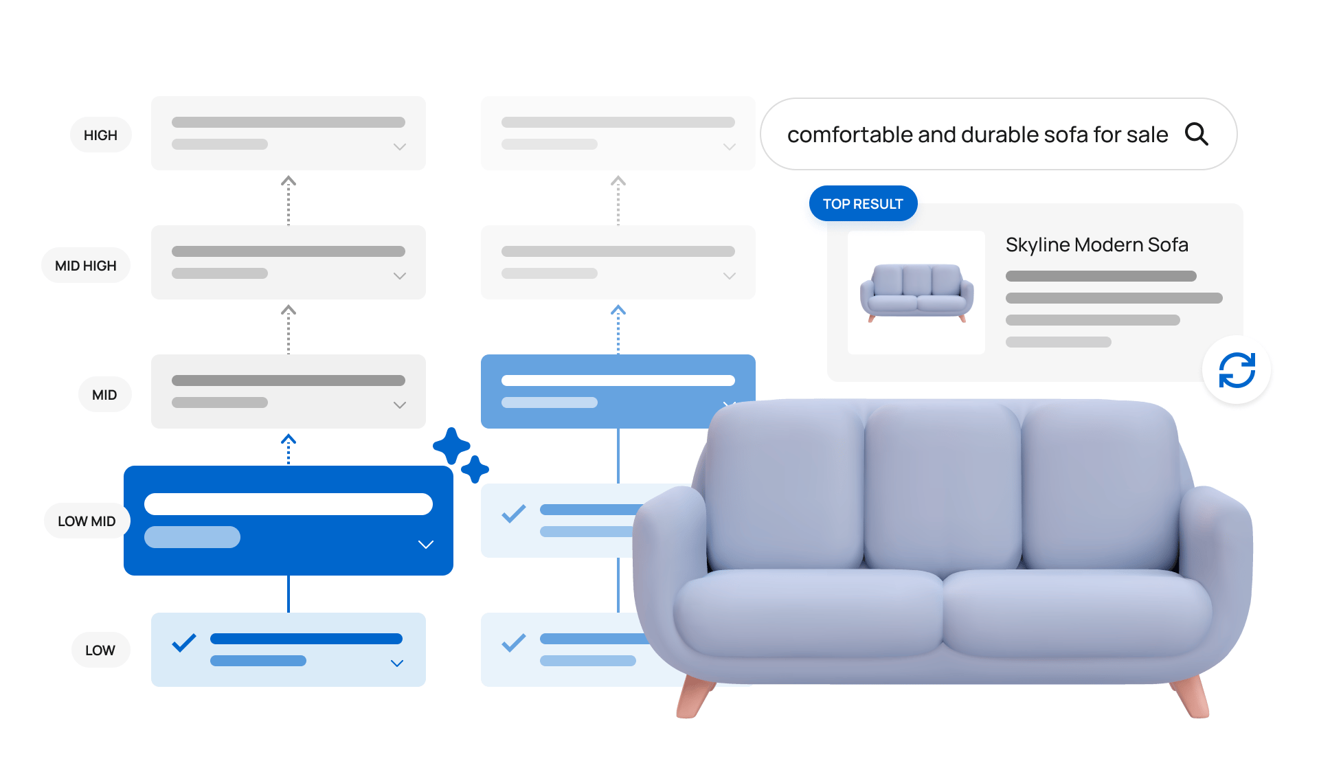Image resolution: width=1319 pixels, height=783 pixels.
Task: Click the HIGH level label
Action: pos(100,135)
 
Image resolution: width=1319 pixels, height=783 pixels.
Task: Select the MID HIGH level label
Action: pos(86,266)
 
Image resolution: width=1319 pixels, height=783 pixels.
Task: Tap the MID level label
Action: pos(104,395)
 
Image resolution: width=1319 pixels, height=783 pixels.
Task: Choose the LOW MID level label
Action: pos(87,521)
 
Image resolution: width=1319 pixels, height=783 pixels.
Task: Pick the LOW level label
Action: pos(100,650)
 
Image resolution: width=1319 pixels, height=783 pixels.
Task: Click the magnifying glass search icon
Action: pos(1196,134)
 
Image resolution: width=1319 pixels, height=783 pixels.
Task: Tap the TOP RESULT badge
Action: pos(863,204)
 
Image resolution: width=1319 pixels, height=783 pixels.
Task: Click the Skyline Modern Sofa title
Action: pos(1096,245)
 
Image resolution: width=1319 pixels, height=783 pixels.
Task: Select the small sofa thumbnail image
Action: pos(916,293)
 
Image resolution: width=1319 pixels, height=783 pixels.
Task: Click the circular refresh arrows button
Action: pos(1237,370)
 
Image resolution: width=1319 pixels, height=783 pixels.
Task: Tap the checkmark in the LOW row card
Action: pos(184,643)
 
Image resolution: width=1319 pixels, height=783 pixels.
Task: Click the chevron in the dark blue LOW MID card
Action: pos(426,545)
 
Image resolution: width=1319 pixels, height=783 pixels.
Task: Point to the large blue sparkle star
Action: pos(451,446)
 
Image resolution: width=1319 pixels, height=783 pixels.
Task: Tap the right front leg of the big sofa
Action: pos(1193,696)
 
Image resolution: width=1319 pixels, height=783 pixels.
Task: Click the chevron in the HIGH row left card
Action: pos(400,147)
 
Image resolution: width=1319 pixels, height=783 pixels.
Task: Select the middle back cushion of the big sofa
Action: pos(943,488)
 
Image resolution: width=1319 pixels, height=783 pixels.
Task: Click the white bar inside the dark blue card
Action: pos(289,504)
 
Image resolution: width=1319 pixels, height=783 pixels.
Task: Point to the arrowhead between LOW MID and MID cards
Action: pos(289,439)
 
